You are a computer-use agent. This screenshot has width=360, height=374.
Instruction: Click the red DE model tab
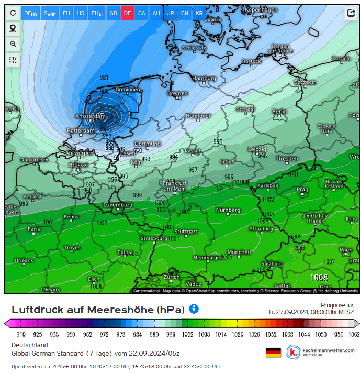pos(127,13)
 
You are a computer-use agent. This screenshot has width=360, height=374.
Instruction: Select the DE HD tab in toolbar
pos(30,13)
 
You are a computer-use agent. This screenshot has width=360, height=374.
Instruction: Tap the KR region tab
pos(199,13)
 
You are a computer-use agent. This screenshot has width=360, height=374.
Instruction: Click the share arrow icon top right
pos(350,14)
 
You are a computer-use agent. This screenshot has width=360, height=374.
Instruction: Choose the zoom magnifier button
pos(13,44)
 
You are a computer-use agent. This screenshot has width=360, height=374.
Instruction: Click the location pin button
pos(13,28)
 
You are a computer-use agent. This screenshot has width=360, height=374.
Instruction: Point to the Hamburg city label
pos(204,79)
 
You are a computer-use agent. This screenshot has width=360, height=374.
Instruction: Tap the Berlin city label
pos(279,112)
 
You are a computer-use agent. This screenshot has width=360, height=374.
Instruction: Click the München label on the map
pos(239,252)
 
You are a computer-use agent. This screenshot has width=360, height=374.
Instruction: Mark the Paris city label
pos(33,229)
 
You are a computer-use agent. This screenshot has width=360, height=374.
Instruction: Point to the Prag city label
pos(302,190)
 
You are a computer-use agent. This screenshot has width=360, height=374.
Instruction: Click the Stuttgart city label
pos(186,232)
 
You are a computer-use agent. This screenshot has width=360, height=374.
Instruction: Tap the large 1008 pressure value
pos(319,277)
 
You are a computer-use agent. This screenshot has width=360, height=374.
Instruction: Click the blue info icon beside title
pos(194,309)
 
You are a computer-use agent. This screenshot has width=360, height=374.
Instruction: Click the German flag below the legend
pos(273,352)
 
